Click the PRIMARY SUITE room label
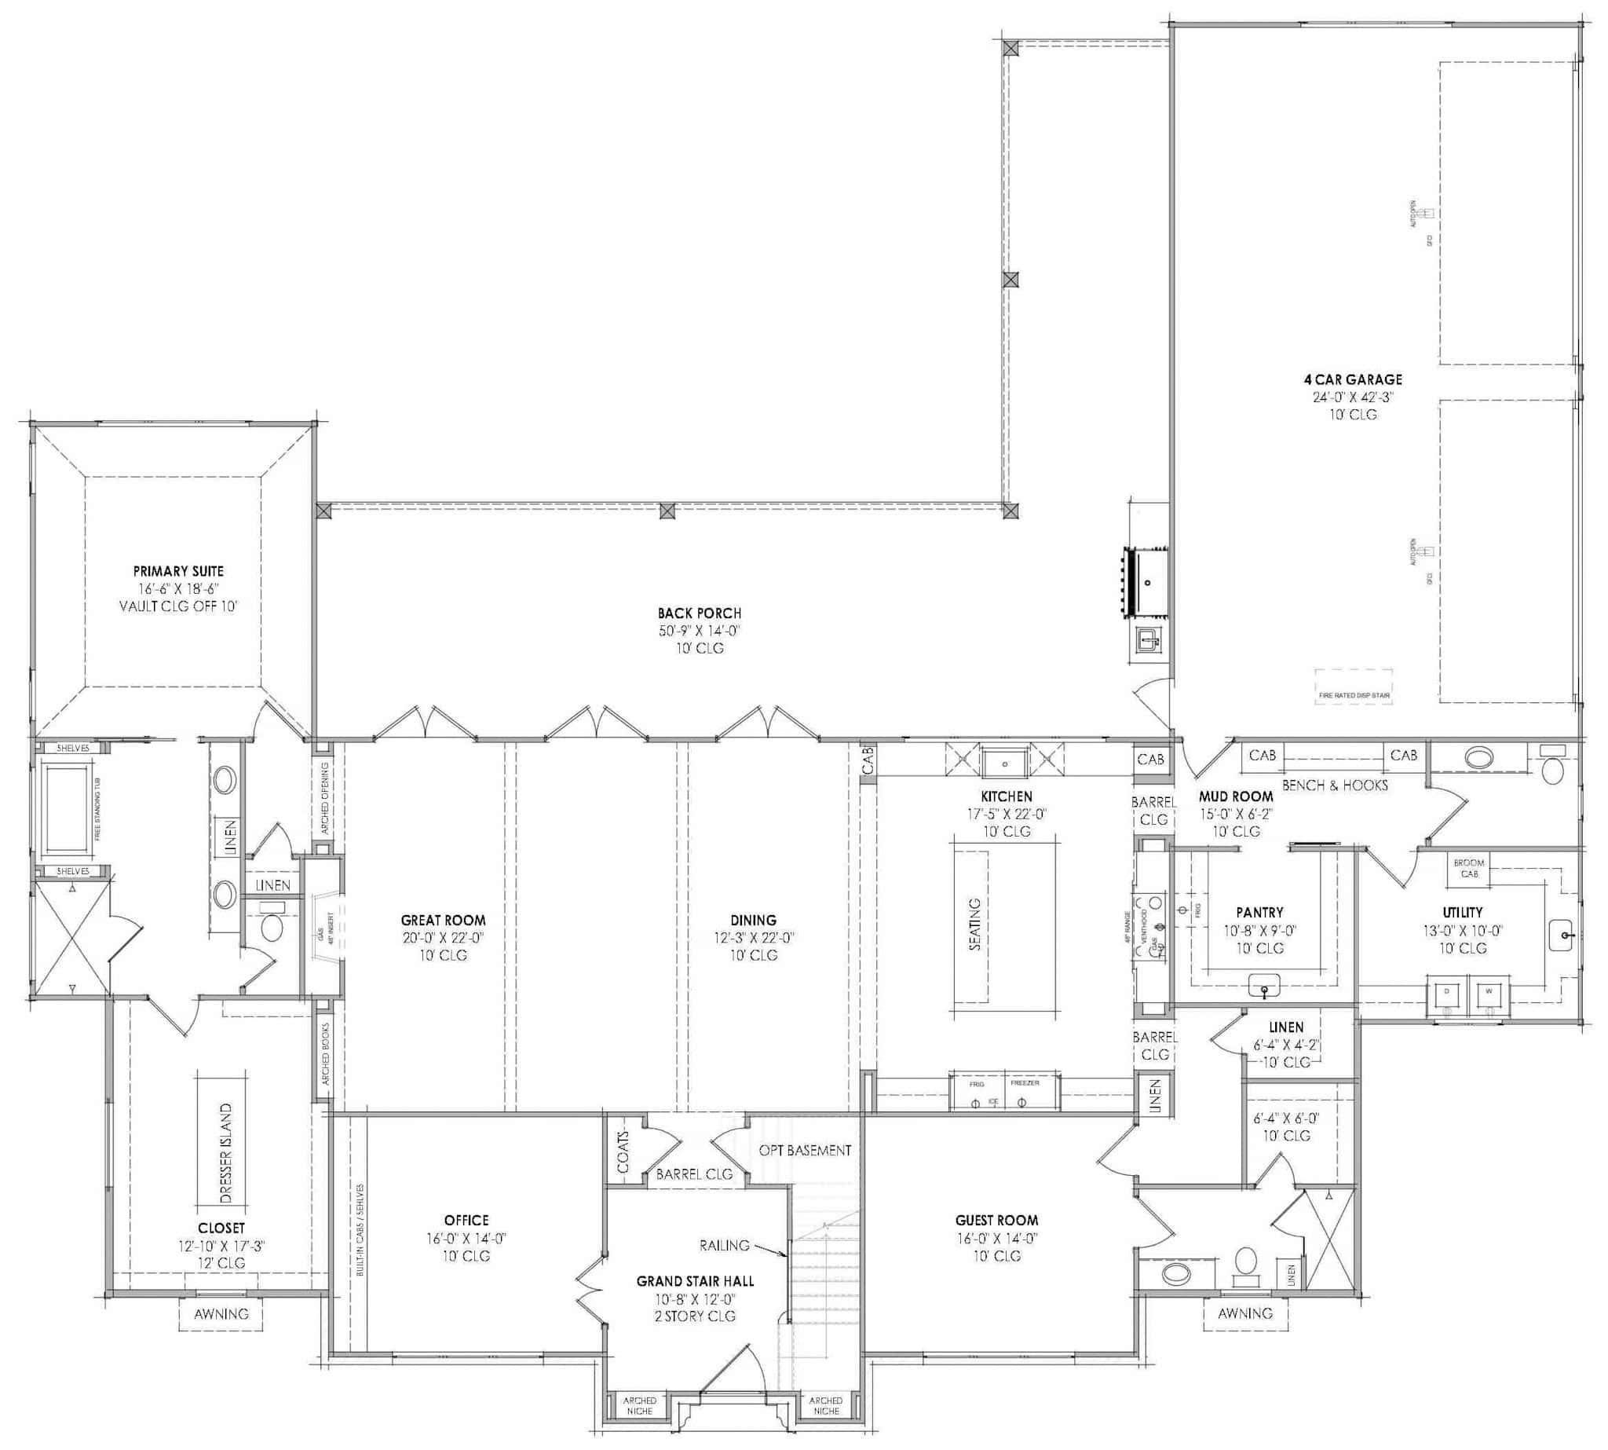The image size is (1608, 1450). [178, 571]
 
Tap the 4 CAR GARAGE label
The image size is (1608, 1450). [1352, 380]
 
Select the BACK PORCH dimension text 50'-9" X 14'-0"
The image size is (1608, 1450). [699, 631]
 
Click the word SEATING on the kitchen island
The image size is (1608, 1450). [975, 925]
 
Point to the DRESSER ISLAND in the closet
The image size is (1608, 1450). [225, 1154]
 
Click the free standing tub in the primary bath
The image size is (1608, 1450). [67, 807]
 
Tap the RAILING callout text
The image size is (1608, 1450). [724, 1245]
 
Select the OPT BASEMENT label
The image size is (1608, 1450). [805, 1151]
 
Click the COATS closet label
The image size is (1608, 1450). [623, 1153]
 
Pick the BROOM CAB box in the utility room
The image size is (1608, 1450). [1468, 869]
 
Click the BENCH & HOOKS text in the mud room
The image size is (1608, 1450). [1335, 785]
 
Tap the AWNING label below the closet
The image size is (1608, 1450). [221, 1314]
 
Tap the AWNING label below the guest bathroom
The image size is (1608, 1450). [1244, 1313]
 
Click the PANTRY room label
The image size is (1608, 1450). [1259, 912]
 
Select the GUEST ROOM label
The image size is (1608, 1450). [996, 1220]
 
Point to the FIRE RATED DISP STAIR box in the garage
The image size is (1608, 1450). [1354, 686]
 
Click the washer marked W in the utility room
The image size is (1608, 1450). [1488, 994]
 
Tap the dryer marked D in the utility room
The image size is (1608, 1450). [1446, 994]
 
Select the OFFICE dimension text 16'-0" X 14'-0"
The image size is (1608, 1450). [466, 1238]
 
